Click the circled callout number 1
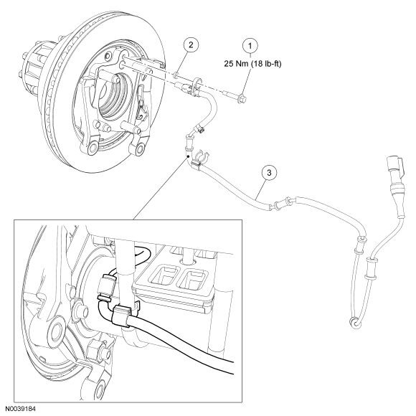(250, 46)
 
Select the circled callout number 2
(191, 44)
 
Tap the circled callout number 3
(269, 173)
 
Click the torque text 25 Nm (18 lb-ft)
(252, 64)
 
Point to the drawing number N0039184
(20, 409)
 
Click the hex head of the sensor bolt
(242, 98)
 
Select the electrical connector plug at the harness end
(396, 174)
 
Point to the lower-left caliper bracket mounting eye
(93, 148)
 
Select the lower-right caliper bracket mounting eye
(140, 149)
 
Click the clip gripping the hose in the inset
(123, 316)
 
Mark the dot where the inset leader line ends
(188, 157)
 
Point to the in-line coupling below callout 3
(283, 204)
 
